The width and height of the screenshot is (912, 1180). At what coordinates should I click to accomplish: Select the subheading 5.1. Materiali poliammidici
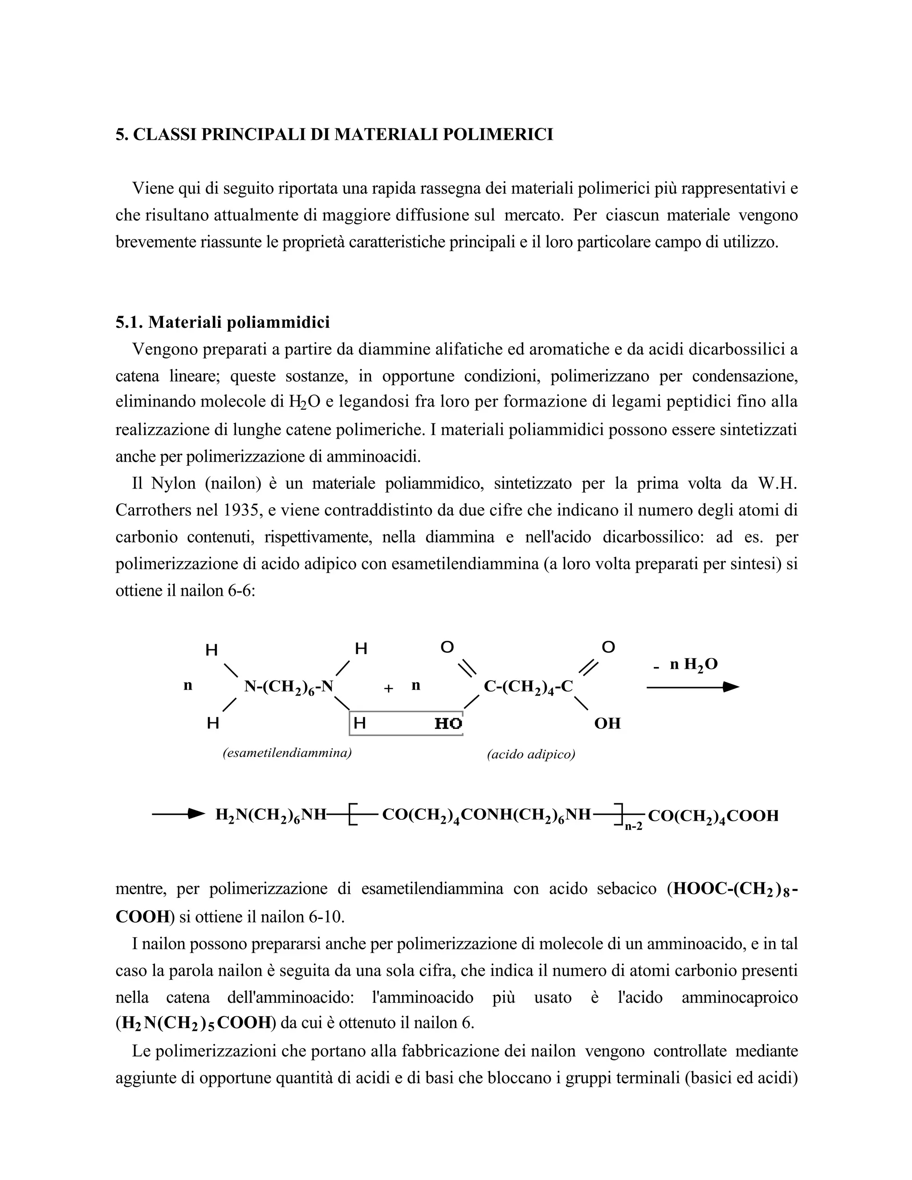[223, 322]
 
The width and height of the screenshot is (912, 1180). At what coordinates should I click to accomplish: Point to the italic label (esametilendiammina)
[287, 753]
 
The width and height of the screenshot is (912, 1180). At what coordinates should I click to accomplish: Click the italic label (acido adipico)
[530, 754]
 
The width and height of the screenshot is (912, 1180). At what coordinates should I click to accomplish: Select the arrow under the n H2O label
[692, 687]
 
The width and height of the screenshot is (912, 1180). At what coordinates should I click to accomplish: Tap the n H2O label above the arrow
[693, 664]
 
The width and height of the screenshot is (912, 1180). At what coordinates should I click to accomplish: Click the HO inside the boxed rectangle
[448, 724]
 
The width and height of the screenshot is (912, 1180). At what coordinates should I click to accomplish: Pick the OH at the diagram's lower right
[607, 724]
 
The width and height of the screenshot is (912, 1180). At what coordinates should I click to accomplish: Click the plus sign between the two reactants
[388, 688]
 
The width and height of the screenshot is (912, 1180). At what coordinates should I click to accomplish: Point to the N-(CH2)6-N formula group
[289, 687]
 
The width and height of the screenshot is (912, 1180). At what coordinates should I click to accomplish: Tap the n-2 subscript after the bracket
[634, 826]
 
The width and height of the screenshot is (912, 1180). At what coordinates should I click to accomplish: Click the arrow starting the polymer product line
[178, 814]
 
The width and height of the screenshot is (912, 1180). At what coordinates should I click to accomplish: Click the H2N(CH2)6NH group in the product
[271, 815]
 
